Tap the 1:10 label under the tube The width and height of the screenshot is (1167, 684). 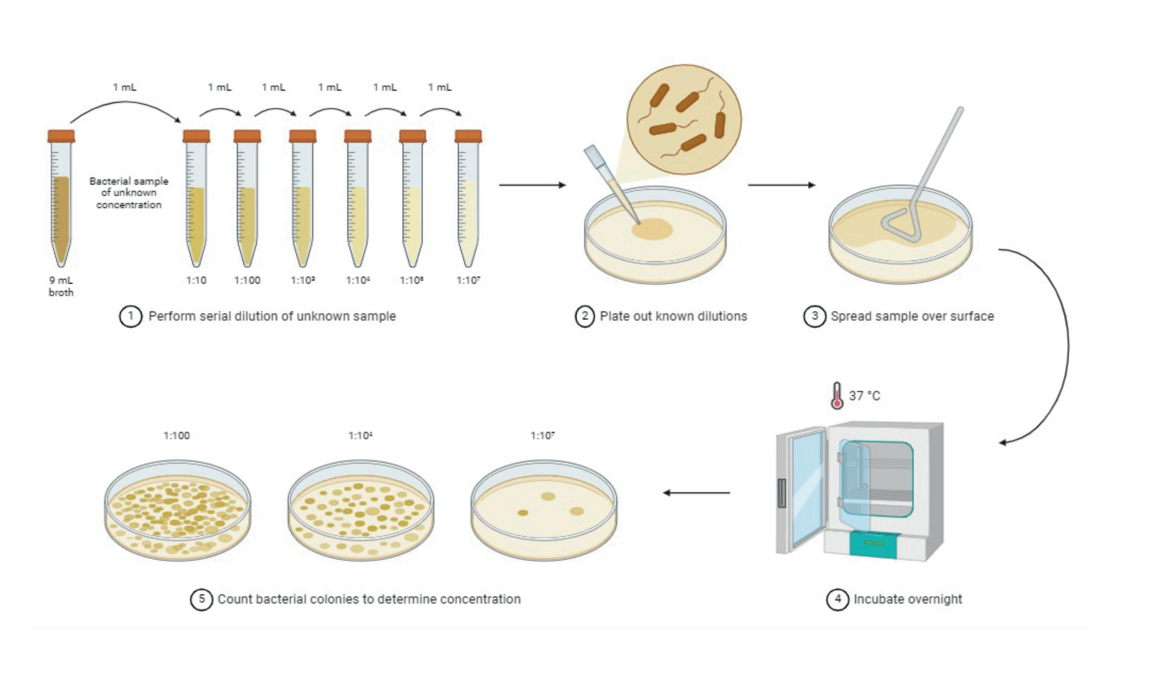(196, 280)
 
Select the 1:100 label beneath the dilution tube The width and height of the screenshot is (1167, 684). (247, 280)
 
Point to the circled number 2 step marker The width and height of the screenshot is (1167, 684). (585, 316)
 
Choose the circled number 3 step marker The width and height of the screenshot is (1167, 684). (814, 316)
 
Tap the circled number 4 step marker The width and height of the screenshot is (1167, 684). (838, 599)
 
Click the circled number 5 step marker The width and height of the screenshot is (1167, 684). (201, 599)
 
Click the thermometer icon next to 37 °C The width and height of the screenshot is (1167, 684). (837, 396)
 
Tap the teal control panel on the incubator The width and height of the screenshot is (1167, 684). (874, 545)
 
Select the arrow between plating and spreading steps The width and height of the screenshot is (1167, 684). (781, 185)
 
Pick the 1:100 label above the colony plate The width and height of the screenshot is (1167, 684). (176, 436)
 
